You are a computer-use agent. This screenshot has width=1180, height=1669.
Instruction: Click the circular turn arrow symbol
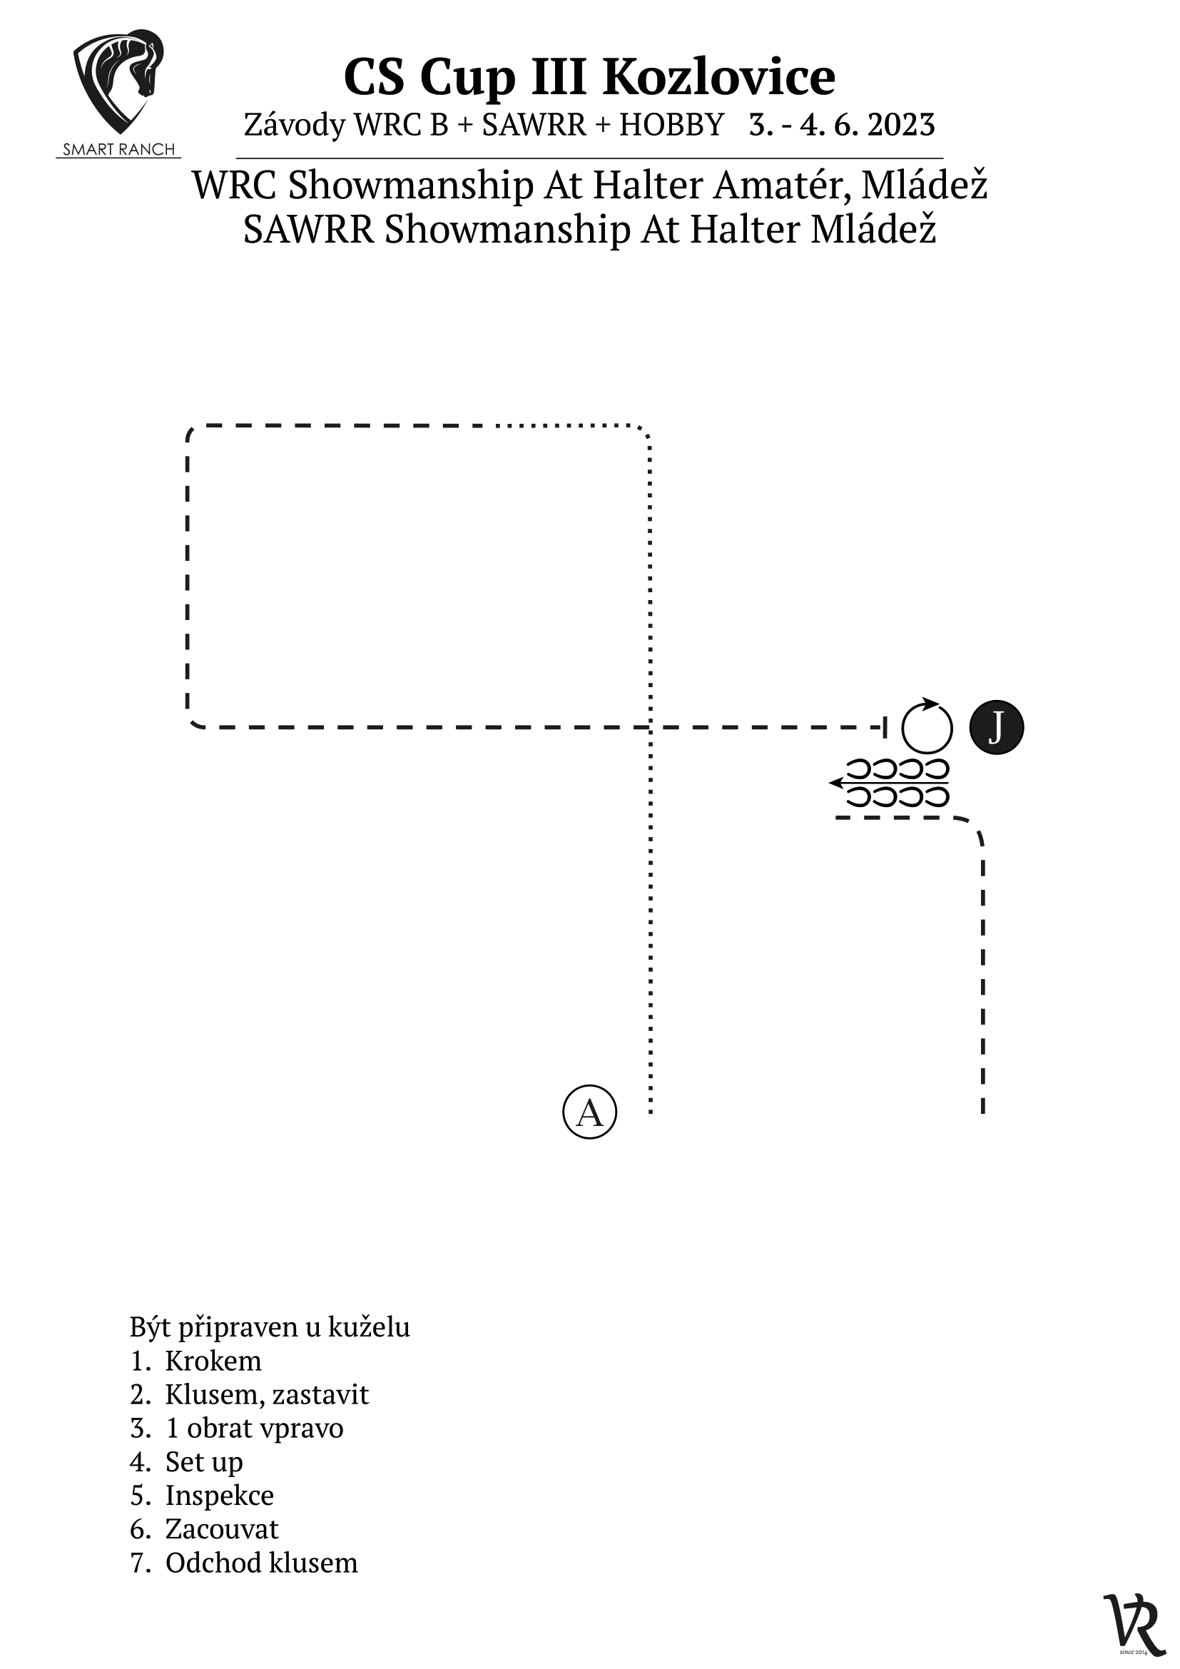click(927, 726)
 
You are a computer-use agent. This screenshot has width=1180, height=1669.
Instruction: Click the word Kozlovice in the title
click(719, 77)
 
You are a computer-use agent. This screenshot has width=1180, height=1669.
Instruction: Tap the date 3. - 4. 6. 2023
click(841, 125)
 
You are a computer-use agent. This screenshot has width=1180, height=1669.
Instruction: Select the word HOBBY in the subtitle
click(671, 125)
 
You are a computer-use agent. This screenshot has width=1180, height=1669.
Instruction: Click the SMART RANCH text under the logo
click(118, 150)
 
